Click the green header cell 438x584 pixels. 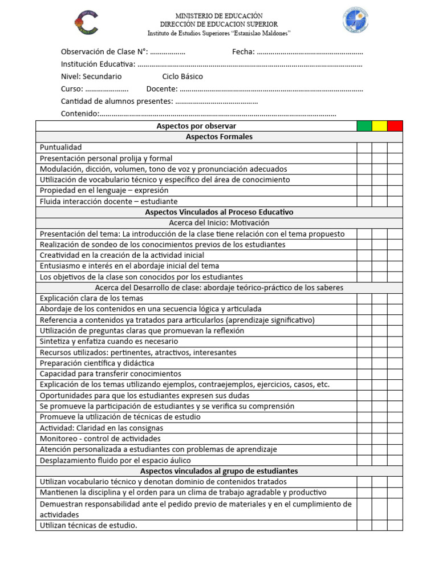tap(364, 126)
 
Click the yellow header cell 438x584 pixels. tap(380, 126)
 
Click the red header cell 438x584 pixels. tap(395, 126)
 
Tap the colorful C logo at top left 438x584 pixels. tap(86, 22)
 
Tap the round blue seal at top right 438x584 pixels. tap(355, 20)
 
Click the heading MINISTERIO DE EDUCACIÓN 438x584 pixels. tap(219, 16)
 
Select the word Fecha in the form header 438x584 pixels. tap(242, 52)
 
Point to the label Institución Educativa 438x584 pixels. tap(98, 64)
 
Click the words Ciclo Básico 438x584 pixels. tap(182, 76)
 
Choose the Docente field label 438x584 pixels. tap(162, 89)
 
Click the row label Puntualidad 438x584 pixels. tap(61, 148)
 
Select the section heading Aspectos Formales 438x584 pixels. tap(219, 137)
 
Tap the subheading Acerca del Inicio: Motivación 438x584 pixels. tap(219, 223)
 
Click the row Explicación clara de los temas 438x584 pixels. tap(91, 298)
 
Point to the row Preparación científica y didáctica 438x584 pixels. tap(97, 363)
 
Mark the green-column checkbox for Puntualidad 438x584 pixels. tap(364, 148)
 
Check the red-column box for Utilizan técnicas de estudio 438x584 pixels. tap(395, 525)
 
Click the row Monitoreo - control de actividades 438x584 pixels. tap(100, 439)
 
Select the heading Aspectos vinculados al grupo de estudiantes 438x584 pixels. tap(219, 471)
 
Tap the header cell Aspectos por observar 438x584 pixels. tap(196, 126)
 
